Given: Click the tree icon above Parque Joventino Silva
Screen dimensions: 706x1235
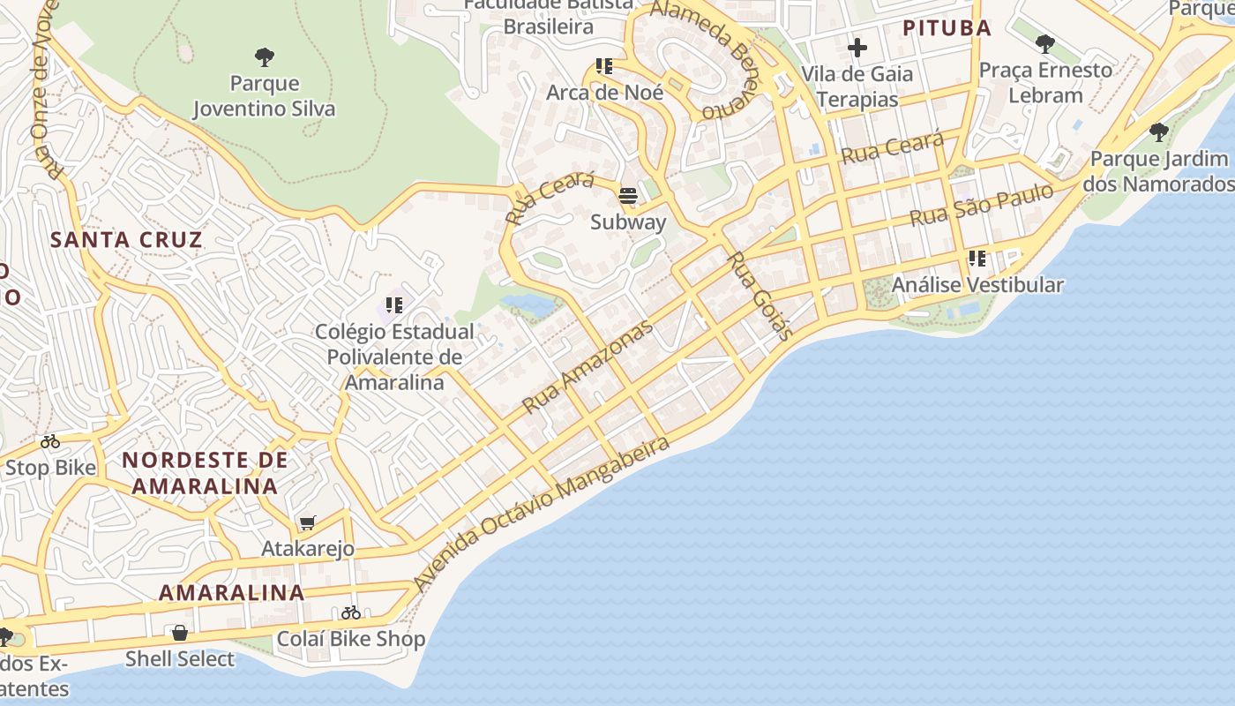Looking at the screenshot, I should [264, 58].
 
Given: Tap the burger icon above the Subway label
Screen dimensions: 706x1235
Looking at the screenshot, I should [628, 196].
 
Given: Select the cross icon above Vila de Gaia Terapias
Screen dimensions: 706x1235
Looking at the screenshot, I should [857, 48].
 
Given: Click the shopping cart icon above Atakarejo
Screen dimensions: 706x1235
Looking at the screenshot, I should [307, 523].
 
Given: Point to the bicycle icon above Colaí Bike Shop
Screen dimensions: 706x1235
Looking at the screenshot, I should [351, 612].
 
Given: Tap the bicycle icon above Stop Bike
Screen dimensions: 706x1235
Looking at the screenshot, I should [50, 441].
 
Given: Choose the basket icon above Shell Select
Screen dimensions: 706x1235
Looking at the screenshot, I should [180, 633].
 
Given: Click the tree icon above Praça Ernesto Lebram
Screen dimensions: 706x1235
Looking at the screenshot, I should [1045, 43].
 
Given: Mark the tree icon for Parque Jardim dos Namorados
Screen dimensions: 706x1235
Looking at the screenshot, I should [1158, 133].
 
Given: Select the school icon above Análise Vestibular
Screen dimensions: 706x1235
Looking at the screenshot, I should [977, 259].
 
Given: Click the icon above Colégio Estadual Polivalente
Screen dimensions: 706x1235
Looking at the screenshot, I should [394, 305].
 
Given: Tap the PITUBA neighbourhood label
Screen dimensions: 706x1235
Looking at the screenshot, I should [947, 28].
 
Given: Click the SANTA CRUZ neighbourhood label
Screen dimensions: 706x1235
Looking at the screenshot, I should [126, 240].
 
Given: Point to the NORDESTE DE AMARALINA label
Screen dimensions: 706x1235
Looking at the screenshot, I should [205, 473].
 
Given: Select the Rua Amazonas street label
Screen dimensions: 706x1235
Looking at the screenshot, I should [588, 366].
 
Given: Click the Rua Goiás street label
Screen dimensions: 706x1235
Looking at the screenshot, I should [760, 296].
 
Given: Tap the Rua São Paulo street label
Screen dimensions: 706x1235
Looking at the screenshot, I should [981, 205].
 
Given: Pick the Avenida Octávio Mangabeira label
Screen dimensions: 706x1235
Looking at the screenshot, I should [542, 514].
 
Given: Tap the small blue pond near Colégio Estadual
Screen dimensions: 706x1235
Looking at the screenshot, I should [529, 304].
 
